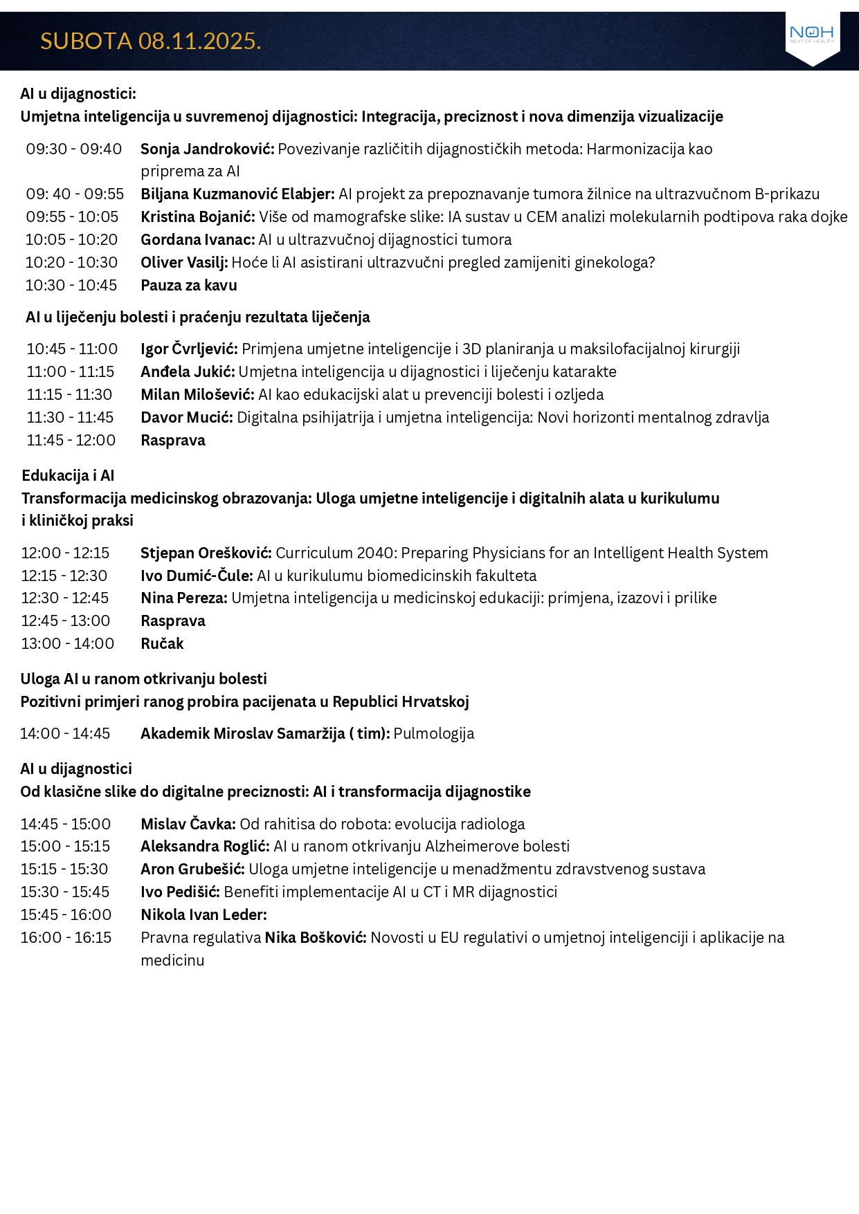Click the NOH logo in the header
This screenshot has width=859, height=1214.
pyautogui.click(x=811, y=34)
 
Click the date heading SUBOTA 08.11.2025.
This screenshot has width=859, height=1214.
pyautogui.click(x=150, y=42)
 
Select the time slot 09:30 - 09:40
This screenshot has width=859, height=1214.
pyautogui.click(x=73, y=149)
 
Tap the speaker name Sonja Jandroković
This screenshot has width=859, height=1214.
pyautogui.click(x=207, y=149)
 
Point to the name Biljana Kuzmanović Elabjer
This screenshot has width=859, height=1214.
pyautogui.click(x=237, y=194)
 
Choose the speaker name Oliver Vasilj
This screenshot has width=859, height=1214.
pyautogui.click(x=184, y=263)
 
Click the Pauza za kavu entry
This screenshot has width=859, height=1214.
pyautogui.click(x=188, y=286)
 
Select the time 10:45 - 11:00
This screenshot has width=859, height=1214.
pyautogui.click(x=72, y=349)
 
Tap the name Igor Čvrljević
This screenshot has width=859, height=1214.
pyautogui.click(x=189, y=349)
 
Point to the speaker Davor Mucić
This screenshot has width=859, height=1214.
pyautogui.click(x=186, y=418)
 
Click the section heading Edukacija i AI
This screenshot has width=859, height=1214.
pyautogui.click(x=68, y=476)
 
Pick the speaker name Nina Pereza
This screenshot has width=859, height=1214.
pyautogui.click(x=183, y=598)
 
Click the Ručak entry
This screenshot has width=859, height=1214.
pyautogui.click(x=162, y=644)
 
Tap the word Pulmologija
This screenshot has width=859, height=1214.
pyautogui.click(x=434, y=734)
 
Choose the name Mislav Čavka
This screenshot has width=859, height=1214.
pyautogui.click(x=188, y=825)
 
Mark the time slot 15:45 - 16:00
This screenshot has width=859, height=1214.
pyautogui.click(x=66, y=915)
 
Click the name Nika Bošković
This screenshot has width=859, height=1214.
pyautogui.click(x=315, y=938)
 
